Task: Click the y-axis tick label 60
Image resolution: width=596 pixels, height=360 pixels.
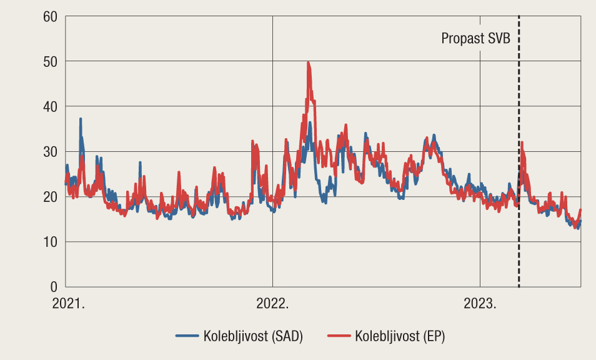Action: click(x=49, y=16)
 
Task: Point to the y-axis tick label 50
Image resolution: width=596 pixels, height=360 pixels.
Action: click(x=49, y=61)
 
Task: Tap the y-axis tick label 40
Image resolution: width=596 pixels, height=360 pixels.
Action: click(x=49, y=106)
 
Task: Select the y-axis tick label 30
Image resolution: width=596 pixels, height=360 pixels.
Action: click(x=49, y=152)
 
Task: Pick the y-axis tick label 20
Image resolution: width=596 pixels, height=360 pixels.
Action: click(x=49, y=197)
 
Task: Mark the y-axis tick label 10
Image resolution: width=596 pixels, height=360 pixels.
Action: click(x=49, y=242)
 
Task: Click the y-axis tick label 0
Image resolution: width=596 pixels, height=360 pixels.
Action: click(x=53, y=287)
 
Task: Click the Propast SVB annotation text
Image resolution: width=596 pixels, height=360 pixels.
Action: click(x=476, y=39)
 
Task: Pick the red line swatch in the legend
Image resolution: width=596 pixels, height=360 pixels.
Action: click(x=338, y=336)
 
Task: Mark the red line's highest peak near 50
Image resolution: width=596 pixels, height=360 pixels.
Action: click(x=308, y=62)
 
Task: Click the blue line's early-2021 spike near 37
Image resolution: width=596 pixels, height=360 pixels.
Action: click(x=80, y=119)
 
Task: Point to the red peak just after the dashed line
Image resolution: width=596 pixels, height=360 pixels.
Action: click(x=522, y=143)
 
